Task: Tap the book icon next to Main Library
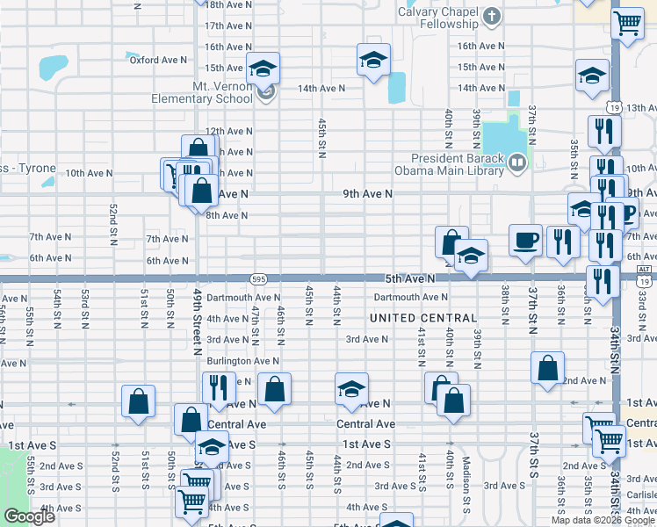click(518, 161)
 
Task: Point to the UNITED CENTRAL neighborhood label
click(423, 317)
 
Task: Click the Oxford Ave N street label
click(158, 60)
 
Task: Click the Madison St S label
click(467, 473)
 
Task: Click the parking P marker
click(629, 213)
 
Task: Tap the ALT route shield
click(645, 271)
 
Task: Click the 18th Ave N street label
click(227, 4)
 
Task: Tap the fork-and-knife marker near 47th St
click(219, 386)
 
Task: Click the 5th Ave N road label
click(409, 278)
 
